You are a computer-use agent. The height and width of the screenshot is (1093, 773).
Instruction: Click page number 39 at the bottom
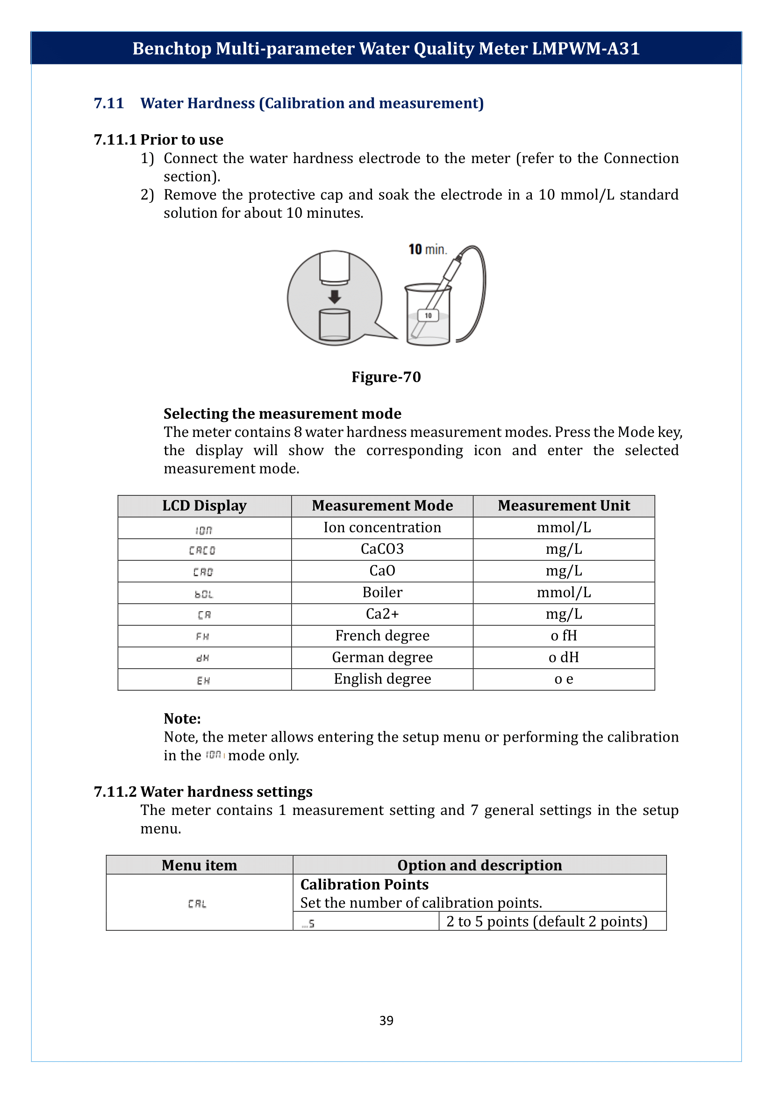pos(386,1020)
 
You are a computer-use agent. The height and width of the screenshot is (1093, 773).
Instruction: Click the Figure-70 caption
pos(386,377)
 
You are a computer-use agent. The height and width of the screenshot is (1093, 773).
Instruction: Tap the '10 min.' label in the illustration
pos(428,250)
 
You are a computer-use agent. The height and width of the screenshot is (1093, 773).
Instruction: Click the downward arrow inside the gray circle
pos(335,297)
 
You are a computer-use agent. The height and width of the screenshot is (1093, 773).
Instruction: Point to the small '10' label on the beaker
pos(428,315)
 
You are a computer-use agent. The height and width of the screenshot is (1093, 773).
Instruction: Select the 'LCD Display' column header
pos(204,506)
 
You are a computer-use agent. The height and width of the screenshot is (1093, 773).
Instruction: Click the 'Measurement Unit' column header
pos(564,506)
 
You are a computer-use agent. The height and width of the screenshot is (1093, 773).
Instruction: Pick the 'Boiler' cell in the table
pos(382,592)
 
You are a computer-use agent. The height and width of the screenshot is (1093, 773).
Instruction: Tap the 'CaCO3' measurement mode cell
pos(382,549)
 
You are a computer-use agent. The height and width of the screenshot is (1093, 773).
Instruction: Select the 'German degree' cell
pos(382,657)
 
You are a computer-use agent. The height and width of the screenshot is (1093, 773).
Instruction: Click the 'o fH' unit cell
pos(564,636)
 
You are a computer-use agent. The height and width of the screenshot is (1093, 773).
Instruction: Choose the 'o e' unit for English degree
pos(564,679)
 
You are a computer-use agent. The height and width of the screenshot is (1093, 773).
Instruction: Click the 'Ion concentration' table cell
pos(382,528)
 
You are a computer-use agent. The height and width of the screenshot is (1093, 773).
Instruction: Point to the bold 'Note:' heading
pos(182,718)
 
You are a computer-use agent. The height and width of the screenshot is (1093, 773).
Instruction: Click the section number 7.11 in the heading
pos(108,103)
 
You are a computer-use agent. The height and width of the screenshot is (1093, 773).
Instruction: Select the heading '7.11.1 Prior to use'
pos(158,139)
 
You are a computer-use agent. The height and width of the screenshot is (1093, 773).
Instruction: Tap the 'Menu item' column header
pos(199,865)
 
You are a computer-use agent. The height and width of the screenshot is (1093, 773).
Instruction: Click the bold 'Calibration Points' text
pos(364,884)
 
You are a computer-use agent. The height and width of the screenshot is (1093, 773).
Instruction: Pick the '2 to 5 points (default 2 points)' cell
pos(546,922)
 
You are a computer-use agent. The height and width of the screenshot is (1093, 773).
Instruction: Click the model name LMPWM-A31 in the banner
pos(586,49)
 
